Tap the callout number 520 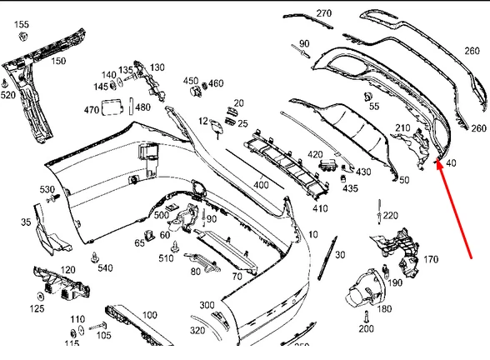7,95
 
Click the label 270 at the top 323,13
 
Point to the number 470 92,109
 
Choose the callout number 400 261,184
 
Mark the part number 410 320,208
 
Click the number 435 350,189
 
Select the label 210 402,127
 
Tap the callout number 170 430,260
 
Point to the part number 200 366,329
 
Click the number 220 390,216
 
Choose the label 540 105,267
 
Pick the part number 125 37,309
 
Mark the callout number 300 207,305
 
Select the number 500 161,215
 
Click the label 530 47,190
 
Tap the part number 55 373,107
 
